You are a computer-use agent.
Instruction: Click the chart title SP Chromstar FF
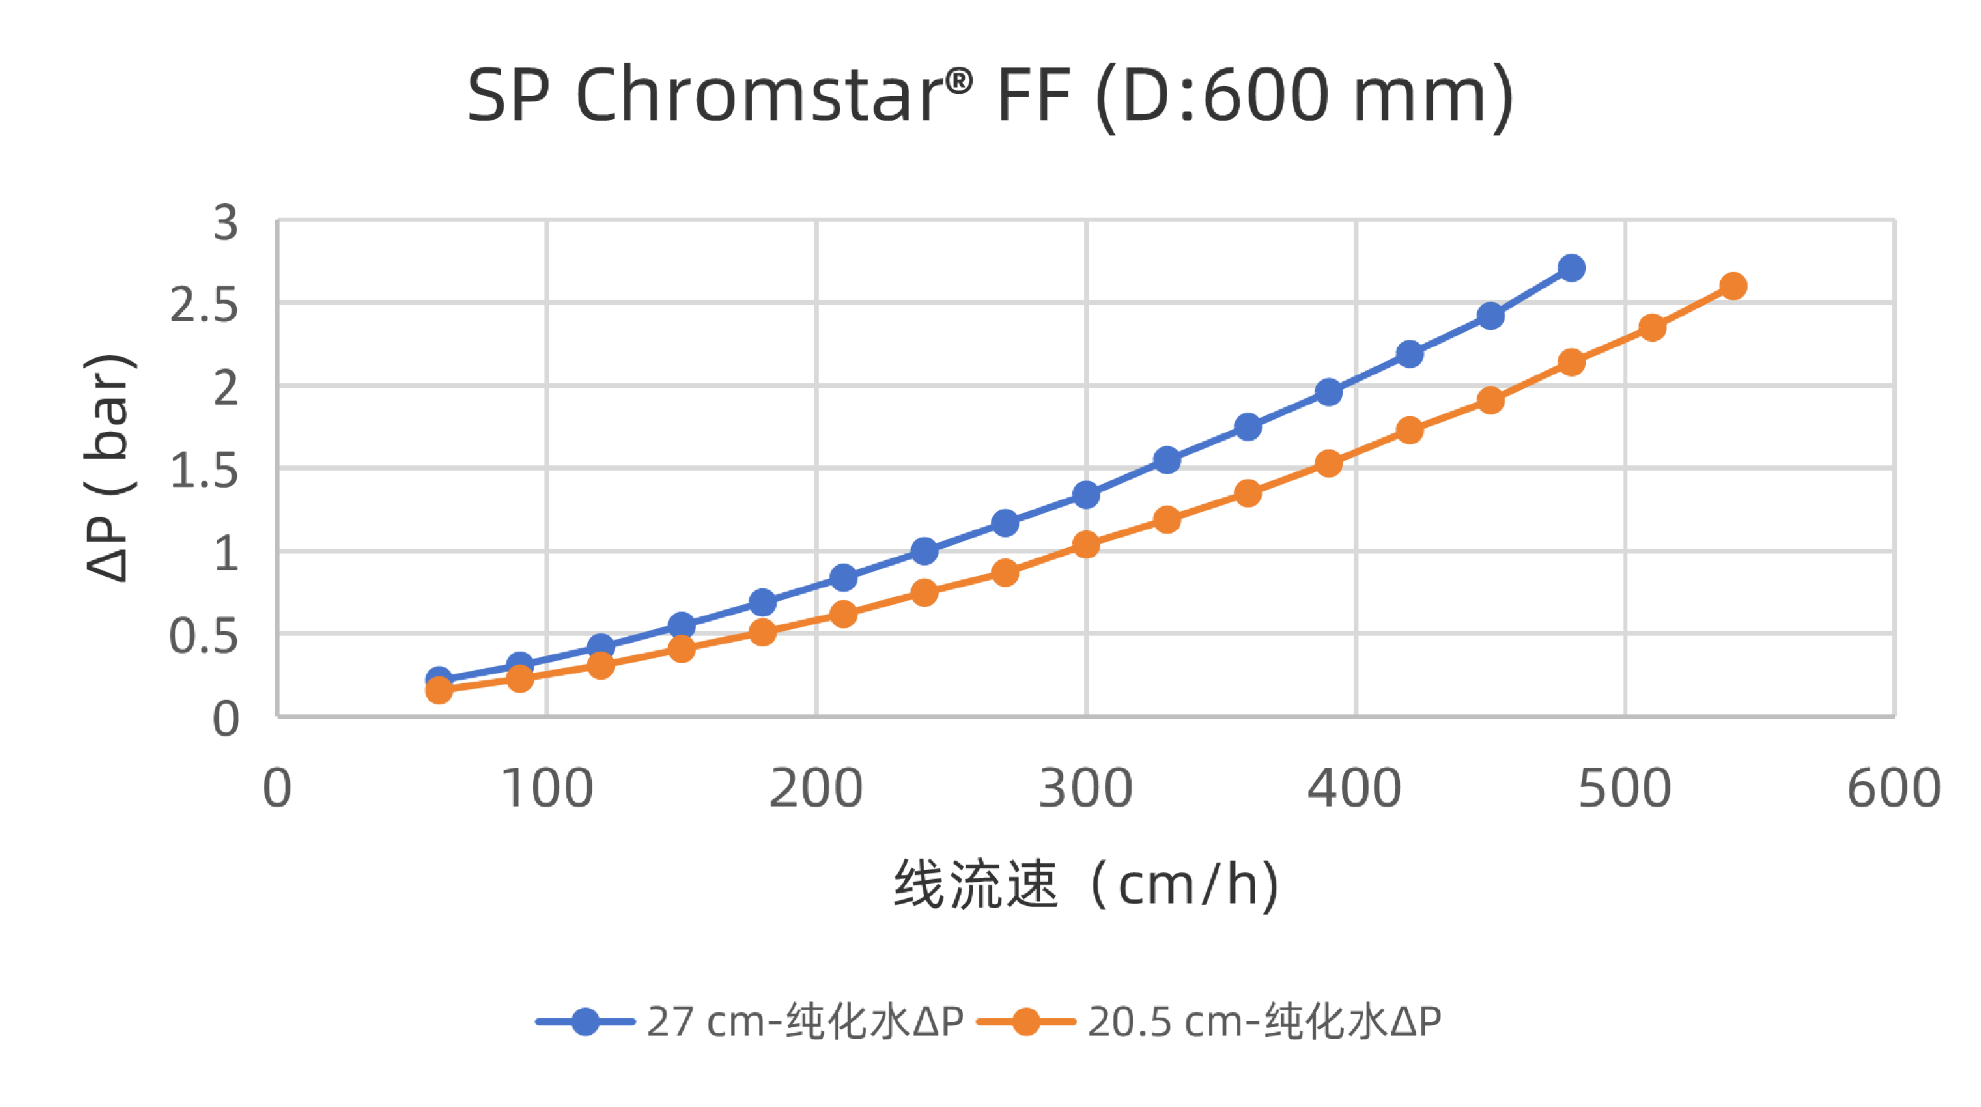coord(990,95)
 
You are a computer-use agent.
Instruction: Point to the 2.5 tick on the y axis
coord(204,306)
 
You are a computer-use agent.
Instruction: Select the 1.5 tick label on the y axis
coord(204,471)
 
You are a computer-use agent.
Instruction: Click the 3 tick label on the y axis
coord(226,222)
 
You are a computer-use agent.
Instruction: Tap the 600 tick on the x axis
coord(1894,789)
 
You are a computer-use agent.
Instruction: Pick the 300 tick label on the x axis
coord(1085,789)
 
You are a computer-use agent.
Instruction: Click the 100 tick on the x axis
coord(546,789)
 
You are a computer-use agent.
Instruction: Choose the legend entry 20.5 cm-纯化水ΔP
coord(1264,1022)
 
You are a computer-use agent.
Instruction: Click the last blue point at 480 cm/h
coord(1571,268)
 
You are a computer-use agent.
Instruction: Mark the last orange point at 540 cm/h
coord(1733,286)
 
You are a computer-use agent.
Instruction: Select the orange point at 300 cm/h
coord(1086,545)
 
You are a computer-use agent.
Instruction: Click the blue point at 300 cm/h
coord(1086,495)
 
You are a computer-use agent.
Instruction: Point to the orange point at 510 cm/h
coord(1652,328)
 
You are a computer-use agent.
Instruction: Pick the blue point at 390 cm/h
coord(1328,393)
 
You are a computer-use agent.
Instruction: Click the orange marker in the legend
coord(1025,1022)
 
